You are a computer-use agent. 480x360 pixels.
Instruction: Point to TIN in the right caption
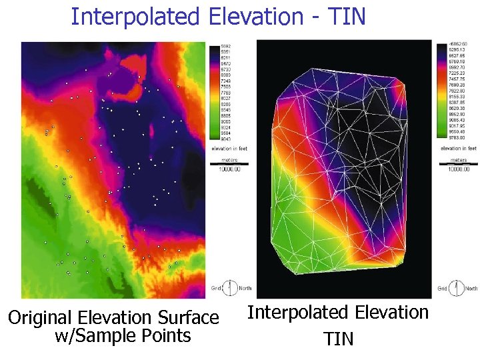pyautogui.click(x=338, y=339)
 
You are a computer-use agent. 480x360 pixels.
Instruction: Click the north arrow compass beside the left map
pyautogui.click(x=230, y=288)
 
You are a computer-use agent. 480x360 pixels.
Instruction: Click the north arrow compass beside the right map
pyautogui.click(x=457, y=288)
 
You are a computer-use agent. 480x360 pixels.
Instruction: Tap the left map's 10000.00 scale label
pyautogui.click(x=229, y=169)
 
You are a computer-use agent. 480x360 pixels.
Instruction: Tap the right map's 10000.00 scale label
pyautogui.click(x=458, y=169)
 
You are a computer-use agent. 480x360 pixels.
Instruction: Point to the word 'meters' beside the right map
pyautogui.click(x=458, y=160)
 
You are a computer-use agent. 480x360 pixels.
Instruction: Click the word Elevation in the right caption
pyautogui.click(x=390, y=313)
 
